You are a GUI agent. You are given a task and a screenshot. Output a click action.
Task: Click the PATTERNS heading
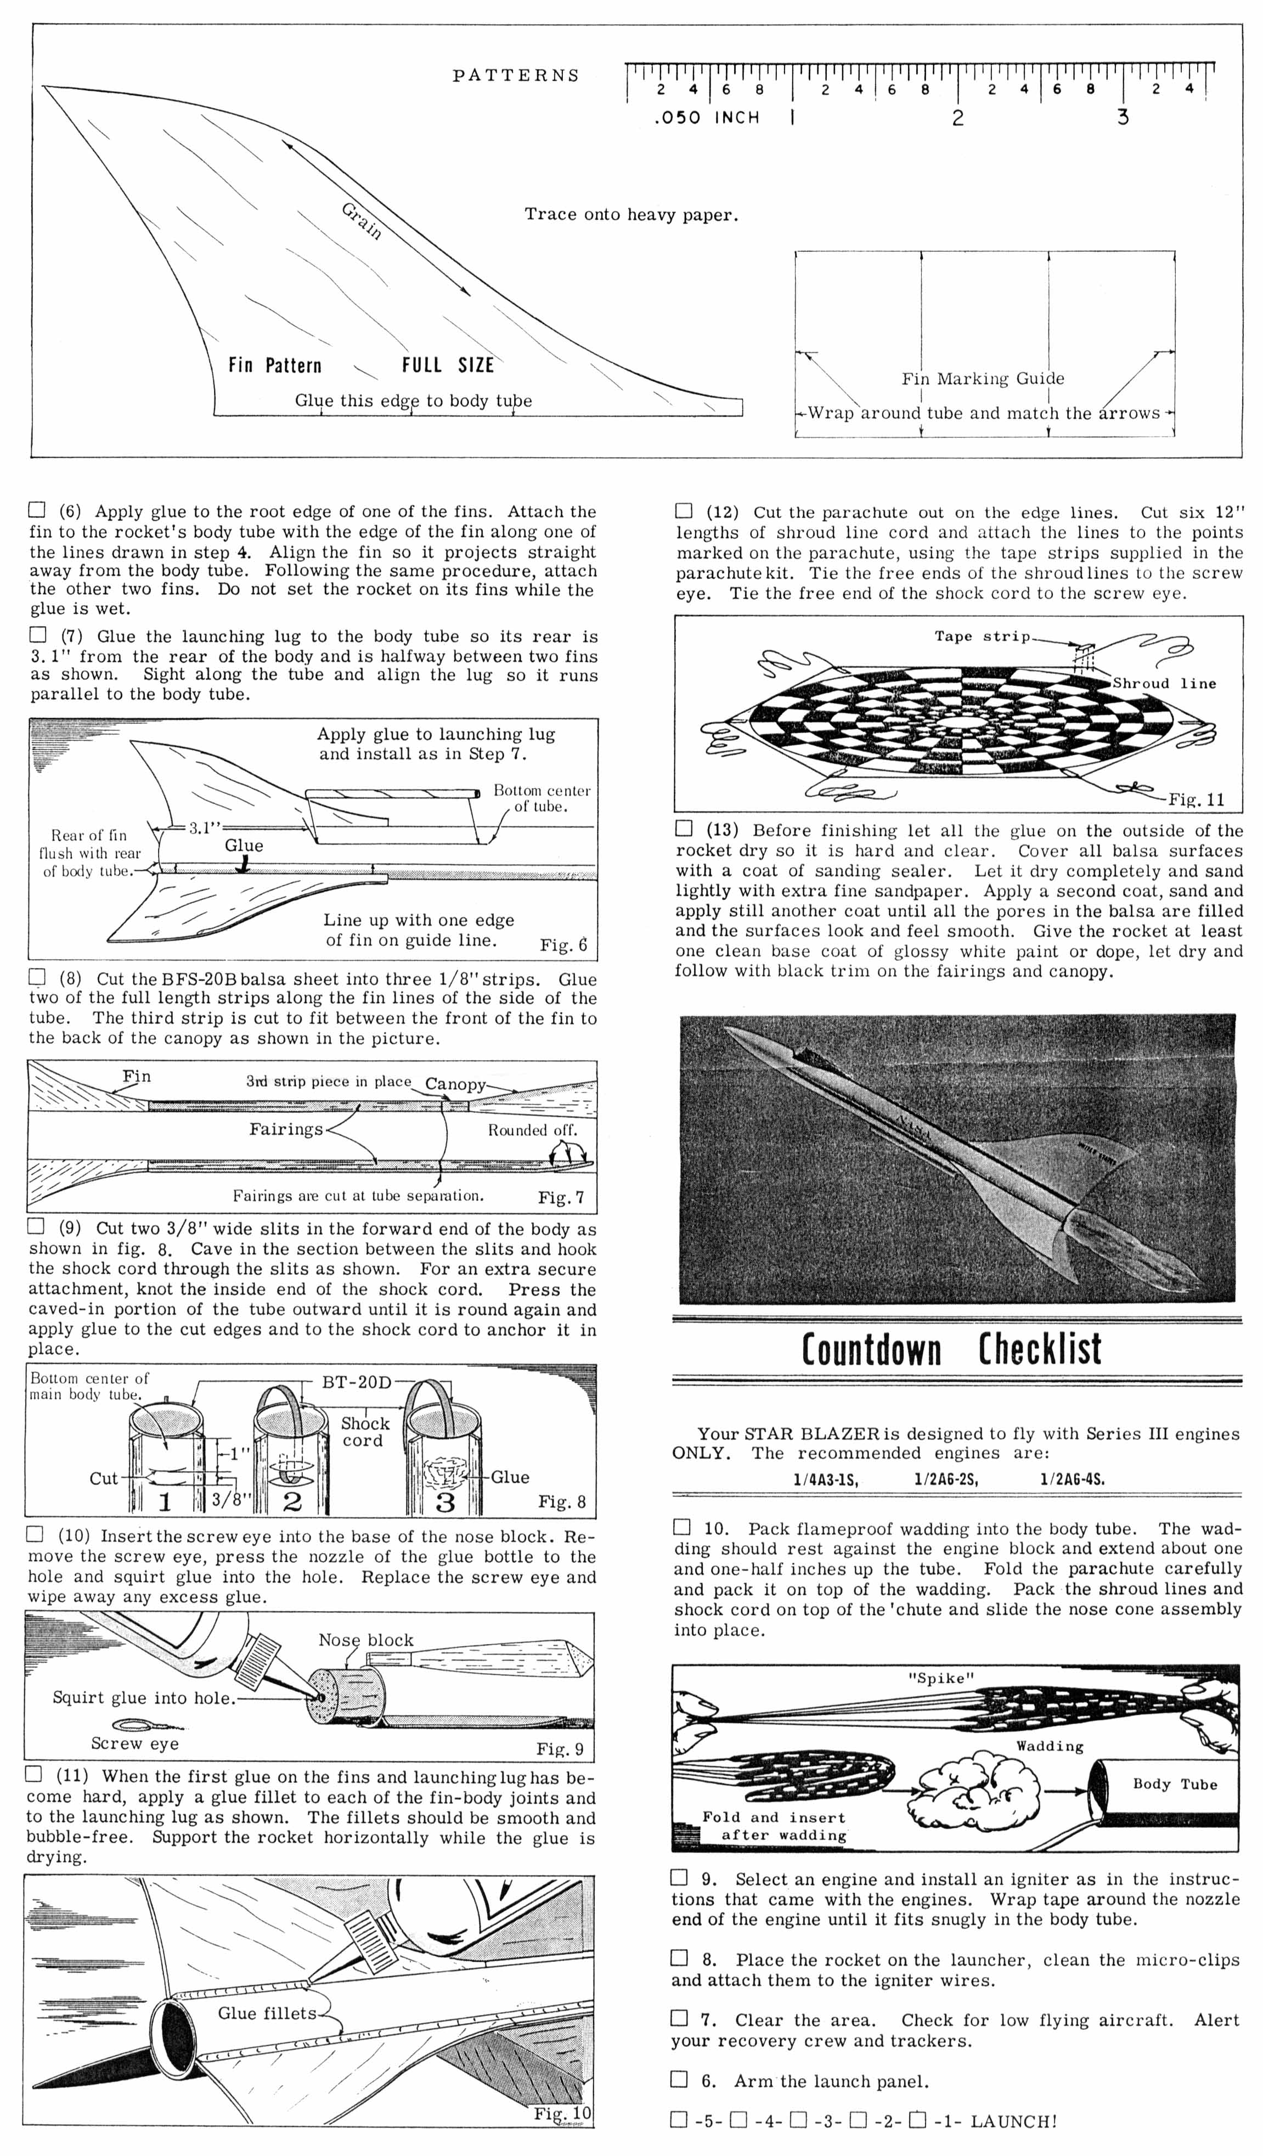(x=516, y=75)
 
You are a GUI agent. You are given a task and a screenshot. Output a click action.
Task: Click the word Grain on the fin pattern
(x=361, y=221)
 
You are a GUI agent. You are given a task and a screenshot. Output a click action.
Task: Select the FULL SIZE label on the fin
(x=448, y=365)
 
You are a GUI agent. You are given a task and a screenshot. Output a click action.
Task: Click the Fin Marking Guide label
(x=982, y=378)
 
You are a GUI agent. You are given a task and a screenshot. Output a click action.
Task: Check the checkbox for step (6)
(x=37, y=511)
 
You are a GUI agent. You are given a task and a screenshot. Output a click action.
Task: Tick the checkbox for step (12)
(x=684, y=511)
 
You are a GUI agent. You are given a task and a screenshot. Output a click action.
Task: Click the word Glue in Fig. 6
(x=244, y=845)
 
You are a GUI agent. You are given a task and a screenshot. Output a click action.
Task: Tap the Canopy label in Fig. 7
(x=455, y=1084)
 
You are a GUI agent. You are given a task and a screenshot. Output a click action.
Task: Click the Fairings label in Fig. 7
(x=286, y=1129)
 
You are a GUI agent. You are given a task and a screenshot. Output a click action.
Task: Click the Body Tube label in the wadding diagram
(x=1174, y=1784)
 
